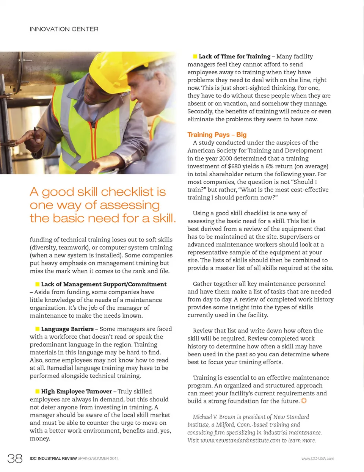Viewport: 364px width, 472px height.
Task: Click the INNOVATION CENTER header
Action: pyautogui.click(x=64, y=29)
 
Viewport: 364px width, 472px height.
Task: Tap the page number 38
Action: pyautogui.click(x=15, y=458)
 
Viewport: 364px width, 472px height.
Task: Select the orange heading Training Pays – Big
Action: pyautogui.click(x=217, y=135)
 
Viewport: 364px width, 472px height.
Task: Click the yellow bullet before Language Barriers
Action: pyautogui.click(x=37, y=329)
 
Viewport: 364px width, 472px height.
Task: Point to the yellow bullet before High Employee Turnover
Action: pyautogui.click(x=37, y=391)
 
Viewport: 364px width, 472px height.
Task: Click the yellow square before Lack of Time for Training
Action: pyautogui.click(x=195, y=56)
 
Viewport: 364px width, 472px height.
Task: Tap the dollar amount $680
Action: pyautogui.click(x=236, y=166)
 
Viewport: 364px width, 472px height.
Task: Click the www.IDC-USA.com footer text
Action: pyautogui.click(x=317, y=458)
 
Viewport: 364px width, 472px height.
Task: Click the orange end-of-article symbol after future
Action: pyautogui.click(x=304, y=401)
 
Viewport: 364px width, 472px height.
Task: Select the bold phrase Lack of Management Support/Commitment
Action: pyautogui.click(x=104, y=284)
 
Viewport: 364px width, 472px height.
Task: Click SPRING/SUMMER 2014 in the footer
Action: pyautogui.click(x=98, y=458)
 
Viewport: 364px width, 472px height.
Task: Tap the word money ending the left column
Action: pyautogui.click(x=39, y=439)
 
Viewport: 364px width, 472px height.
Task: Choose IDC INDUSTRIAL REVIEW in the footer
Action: pyautogui.click(x=53, y=458)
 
